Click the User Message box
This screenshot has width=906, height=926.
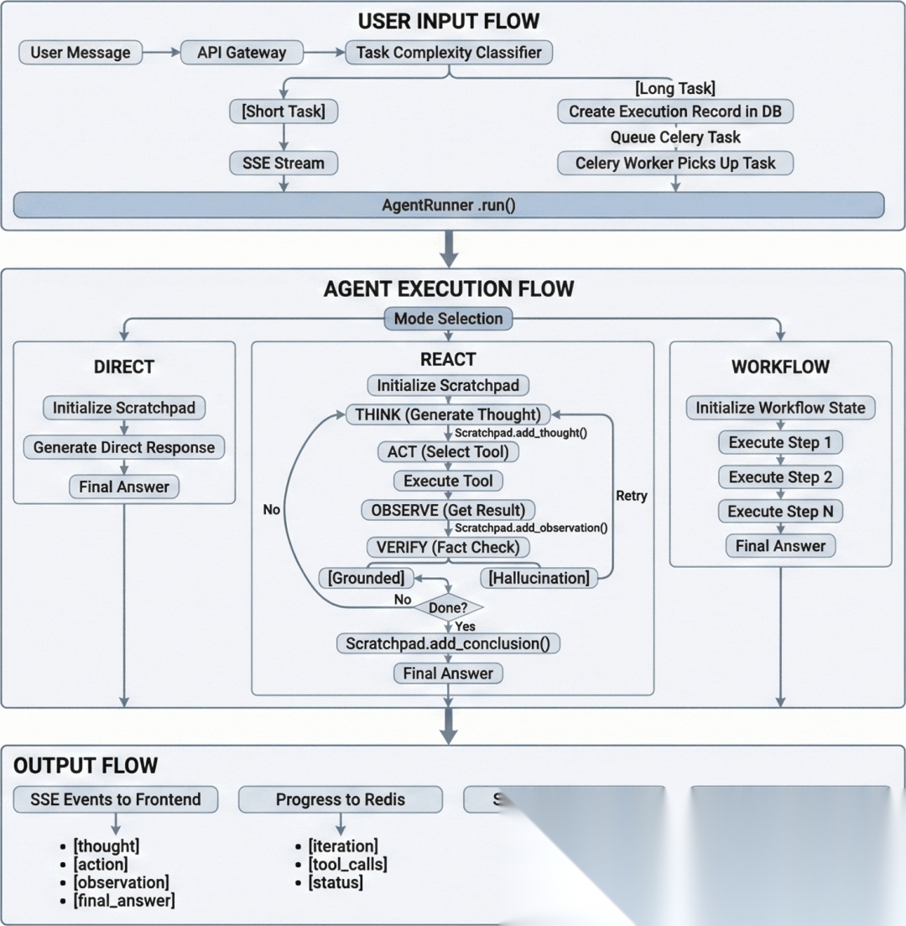click(81, 52)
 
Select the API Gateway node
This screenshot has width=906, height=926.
click(242, 52)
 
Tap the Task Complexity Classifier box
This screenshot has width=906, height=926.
click(449, 52)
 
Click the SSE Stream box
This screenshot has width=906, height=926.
click(283, 162)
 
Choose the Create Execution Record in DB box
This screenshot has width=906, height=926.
click(674, 111)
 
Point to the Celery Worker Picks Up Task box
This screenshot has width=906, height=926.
click(674, 162)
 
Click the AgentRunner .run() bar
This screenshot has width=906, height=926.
click(449, 204)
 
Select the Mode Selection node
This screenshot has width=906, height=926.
click(449, 318)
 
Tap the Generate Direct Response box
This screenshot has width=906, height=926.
click(124, 447)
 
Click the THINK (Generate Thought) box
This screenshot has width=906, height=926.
click(449, 414)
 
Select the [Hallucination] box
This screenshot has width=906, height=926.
click(538, 577)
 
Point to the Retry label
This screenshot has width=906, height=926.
click(632, 496)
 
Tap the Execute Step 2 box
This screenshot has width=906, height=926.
click(780, 476)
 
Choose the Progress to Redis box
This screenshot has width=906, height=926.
click(340, 799)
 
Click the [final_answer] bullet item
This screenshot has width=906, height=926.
click(123, 901)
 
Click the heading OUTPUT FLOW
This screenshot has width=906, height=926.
click(86, 765)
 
